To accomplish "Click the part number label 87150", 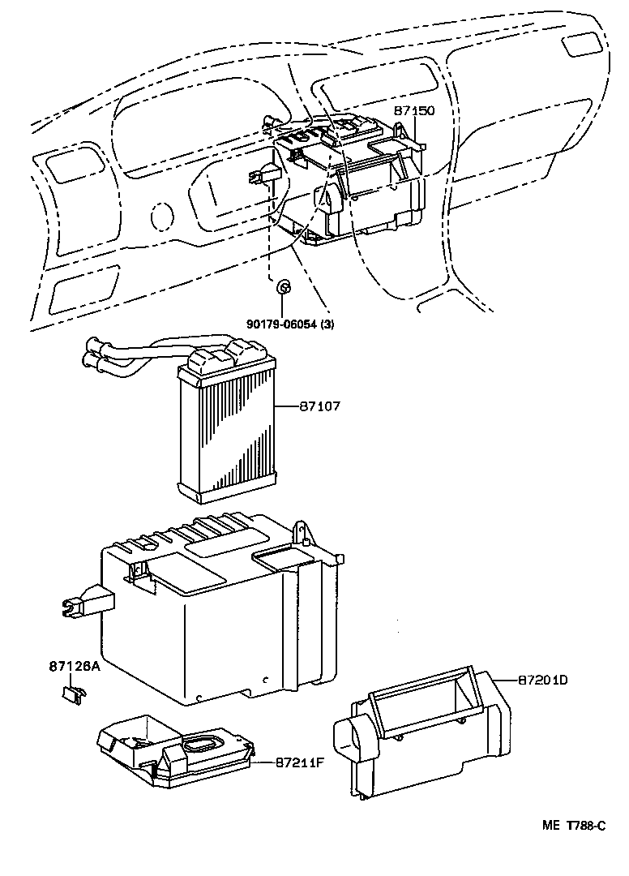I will tap(415, 110).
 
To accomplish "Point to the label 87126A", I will tap(74, 667).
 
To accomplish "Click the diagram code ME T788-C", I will tap(574, 826).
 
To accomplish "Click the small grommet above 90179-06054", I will tap(283, 287).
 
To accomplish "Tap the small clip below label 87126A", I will tap(74, 693).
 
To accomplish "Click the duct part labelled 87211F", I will tap(174, 750).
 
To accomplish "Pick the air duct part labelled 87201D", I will tap(421, 730).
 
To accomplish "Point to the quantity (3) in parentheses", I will tap(324, 324).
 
